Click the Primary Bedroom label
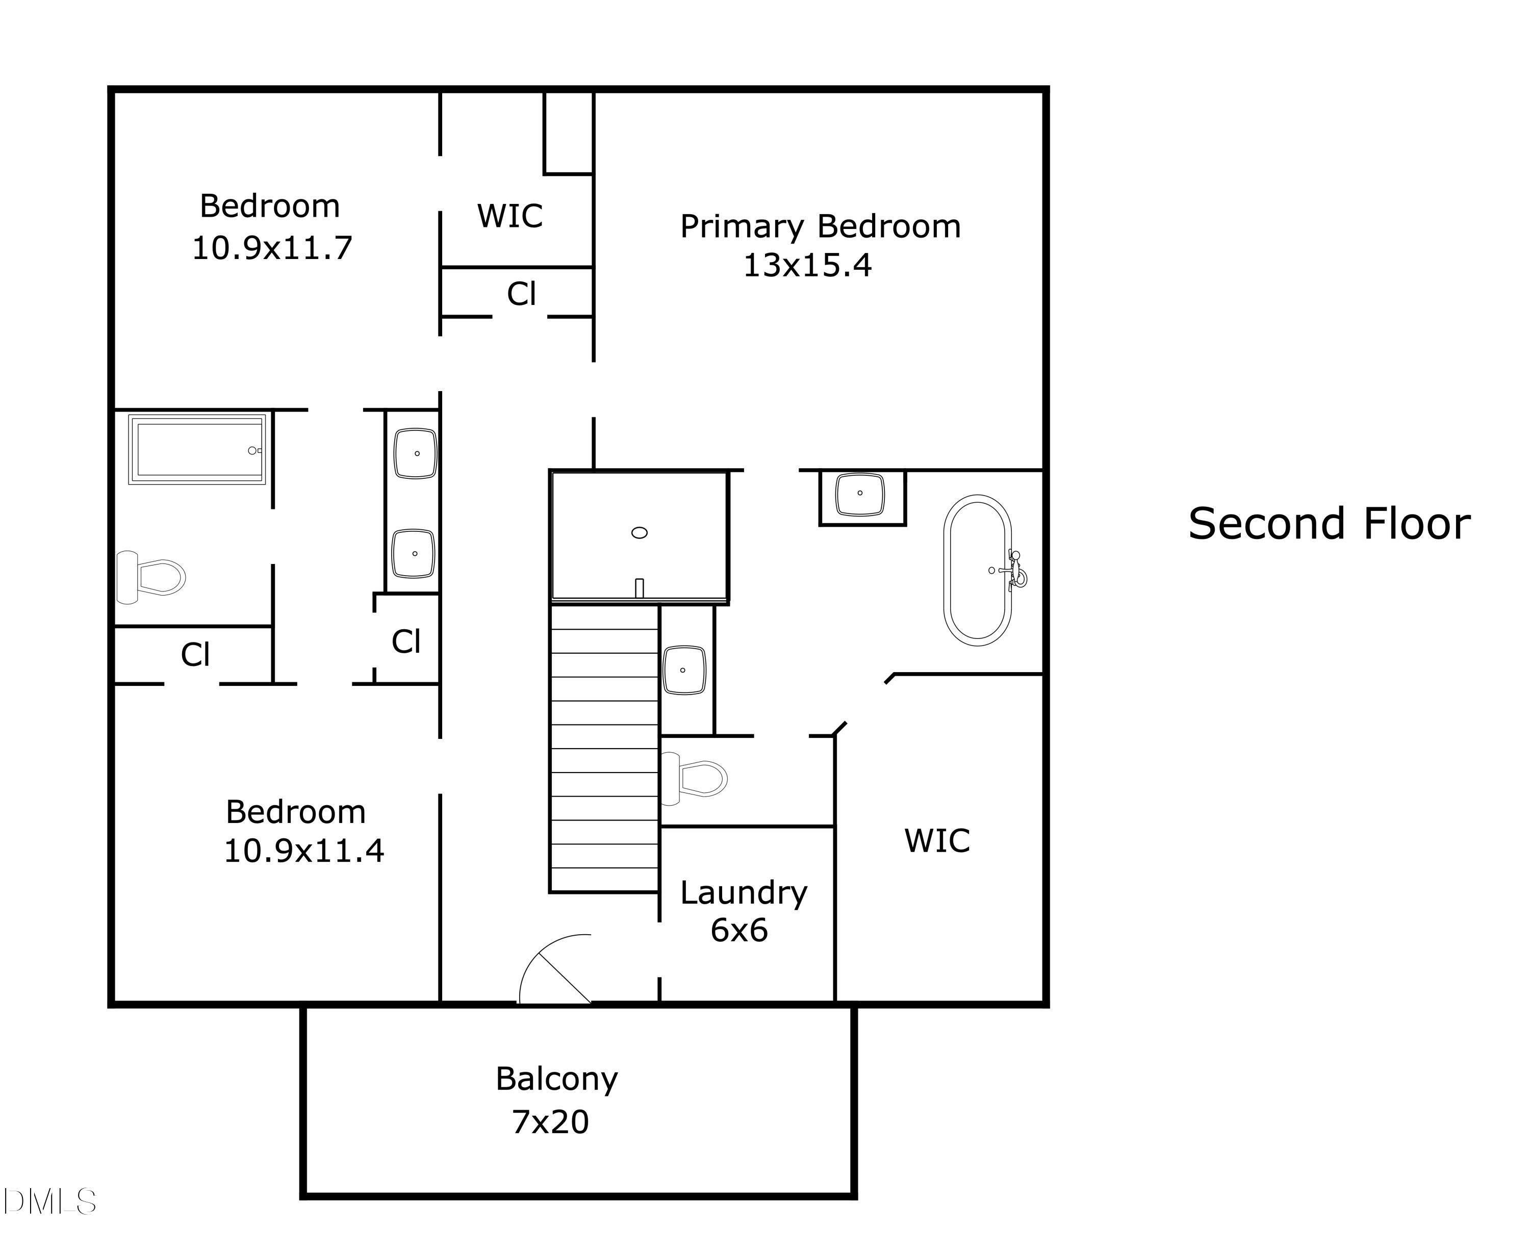pos(820,227)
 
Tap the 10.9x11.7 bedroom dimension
pos(272,248)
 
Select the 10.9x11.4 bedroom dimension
pos(304,851)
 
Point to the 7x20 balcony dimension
pos(551,1122)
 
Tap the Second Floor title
pos(1329,524)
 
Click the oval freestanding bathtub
pos(978,570)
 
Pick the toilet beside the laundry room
pos(693,779)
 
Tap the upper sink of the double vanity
pos(415,453)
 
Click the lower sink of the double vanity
pos(414,553)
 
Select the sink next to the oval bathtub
pos(860,494)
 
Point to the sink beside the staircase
pos(684,670)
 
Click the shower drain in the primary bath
pos(639,532)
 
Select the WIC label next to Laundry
pos(936,840)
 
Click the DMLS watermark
pos(49,1201)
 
